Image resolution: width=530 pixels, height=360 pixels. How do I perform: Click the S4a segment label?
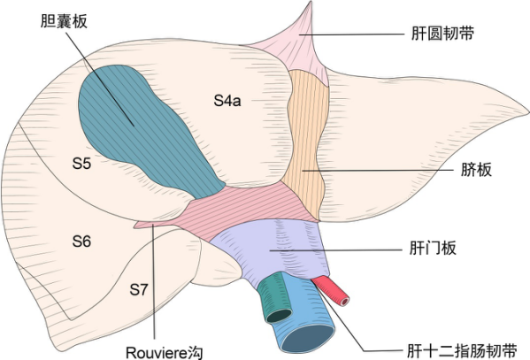pos(227,100)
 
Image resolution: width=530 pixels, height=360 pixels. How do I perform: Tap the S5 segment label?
pos(83,163)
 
